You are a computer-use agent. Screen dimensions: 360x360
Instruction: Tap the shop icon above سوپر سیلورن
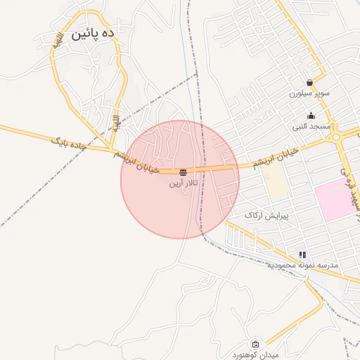point(309,82)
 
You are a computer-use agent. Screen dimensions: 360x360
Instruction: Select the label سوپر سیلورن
point(309,93)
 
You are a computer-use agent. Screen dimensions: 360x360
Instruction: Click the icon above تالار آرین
point(184,172)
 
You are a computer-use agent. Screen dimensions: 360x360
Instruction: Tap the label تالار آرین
point(184,184)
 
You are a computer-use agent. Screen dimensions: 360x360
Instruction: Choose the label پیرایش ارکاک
point(266,214)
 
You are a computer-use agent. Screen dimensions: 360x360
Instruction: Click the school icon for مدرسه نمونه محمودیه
point(302,255)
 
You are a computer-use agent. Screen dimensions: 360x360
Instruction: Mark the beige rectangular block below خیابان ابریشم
point(277,181)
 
